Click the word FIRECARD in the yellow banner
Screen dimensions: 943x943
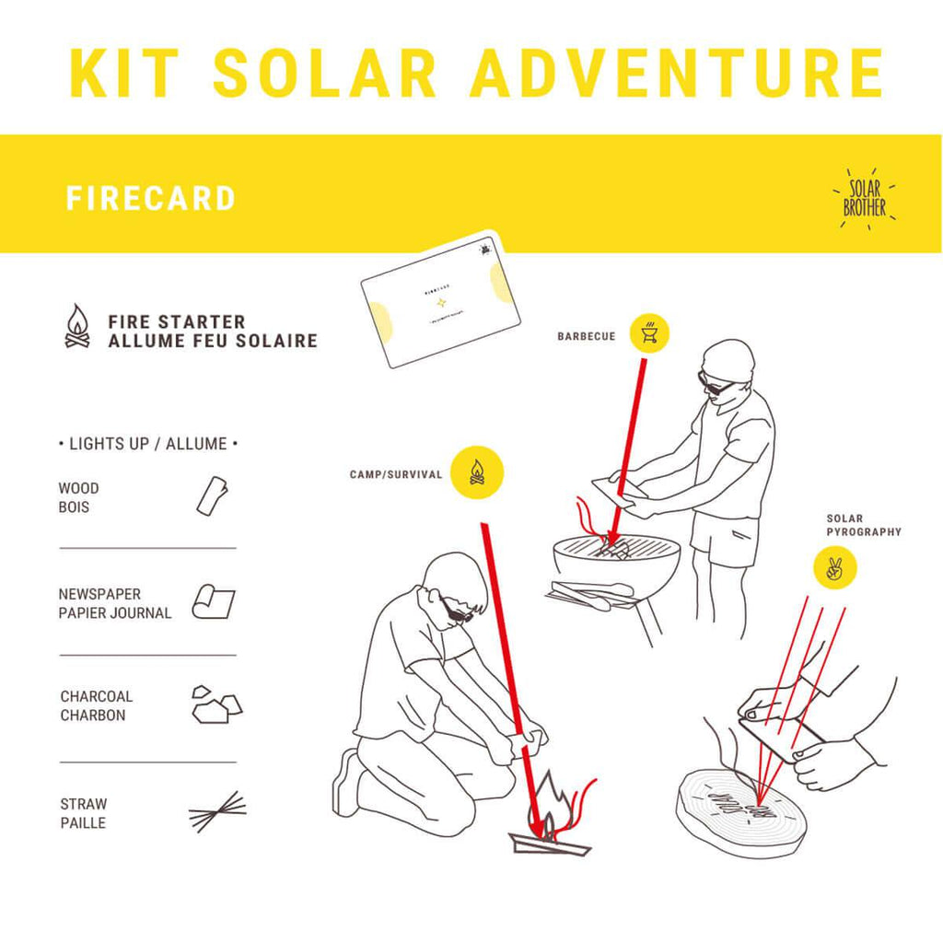(150, 199)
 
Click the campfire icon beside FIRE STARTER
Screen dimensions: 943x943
(77, 327)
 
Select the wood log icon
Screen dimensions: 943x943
(212, 495)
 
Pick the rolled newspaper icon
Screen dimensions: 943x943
(213, 602)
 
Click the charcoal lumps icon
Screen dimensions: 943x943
(215, 704)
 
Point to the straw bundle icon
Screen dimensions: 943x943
(218, 811)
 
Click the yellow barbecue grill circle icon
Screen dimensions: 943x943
(649, 332)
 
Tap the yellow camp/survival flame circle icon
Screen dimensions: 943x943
(477, 472)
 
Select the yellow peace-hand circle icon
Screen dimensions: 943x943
(835, 568)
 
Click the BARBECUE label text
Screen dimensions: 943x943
(586, 337)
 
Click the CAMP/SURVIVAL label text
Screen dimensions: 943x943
(396, 475)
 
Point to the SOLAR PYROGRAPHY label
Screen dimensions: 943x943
(863, 525)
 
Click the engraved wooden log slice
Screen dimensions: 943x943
(741, 810)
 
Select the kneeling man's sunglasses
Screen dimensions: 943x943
(456, 611)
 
